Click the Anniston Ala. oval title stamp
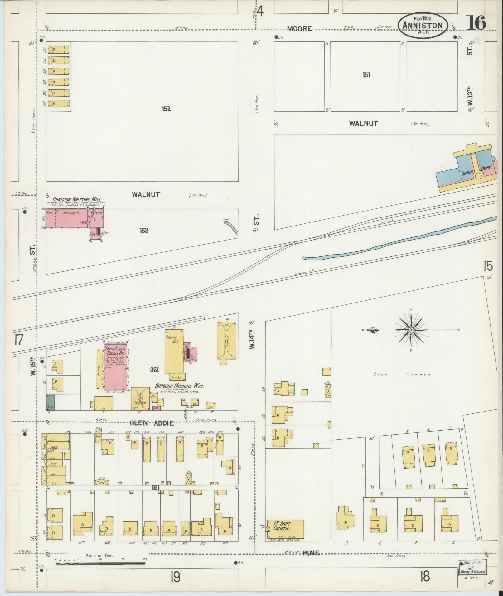pos(423,25)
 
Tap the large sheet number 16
pos(476,23)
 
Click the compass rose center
pos(411,330)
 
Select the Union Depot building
pos(466,170)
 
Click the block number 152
pos(166,109)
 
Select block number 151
pos(366,75)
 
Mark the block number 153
pos(144,231)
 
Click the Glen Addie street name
pos(152,423)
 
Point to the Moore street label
pos(299,29)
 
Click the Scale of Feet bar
pos(100,563)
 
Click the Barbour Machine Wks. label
pos(179,386)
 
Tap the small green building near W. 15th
pos(50,402)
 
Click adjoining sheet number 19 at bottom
pos(175,577)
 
